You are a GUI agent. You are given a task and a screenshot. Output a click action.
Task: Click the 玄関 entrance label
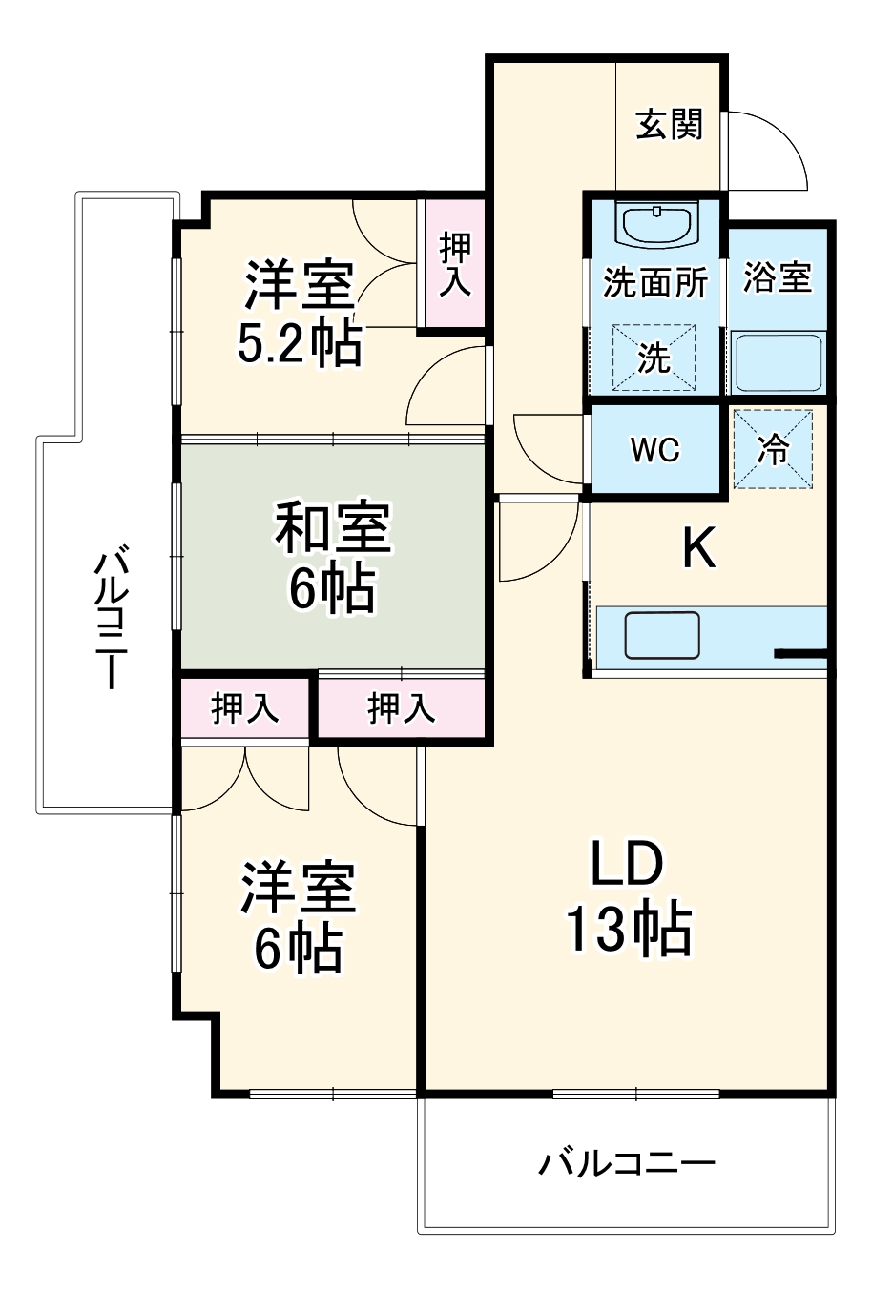point(669,125)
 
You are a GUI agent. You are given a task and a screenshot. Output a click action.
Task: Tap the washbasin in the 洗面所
point(657,225)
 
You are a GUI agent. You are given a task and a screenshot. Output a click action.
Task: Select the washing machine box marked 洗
point(654,358)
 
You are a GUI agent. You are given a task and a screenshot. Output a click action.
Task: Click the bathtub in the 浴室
point(777,361)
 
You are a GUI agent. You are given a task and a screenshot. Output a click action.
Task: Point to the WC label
point(655,449)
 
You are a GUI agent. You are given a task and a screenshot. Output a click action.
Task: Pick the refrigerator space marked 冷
point(773,449)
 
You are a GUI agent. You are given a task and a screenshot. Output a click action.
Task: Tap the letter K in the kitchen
point(698,548)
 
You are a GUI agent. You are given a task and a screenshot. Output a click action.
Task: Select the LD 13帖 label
point(628,897)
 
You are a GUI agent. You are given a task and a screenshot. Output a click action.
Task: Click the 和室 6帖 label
point(333,558)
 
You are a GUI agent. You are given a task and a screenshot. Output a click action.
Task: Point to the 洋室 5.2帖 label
point(300,315)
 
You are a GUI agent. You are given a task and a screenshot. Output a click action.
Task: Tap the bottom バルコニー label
point(627,1163)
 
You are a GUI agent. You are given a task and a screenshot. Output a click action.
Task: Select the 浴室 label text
point(778,277)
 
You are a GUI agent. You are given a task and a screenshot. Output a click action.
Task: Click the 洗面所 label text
point(655,283)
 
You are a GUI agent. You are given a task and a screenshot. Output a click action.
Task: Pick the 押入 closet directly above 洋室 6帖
point(244,707)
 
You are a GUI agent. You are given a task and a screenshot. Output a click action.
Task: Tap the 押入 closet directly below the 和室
point(402,707)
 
